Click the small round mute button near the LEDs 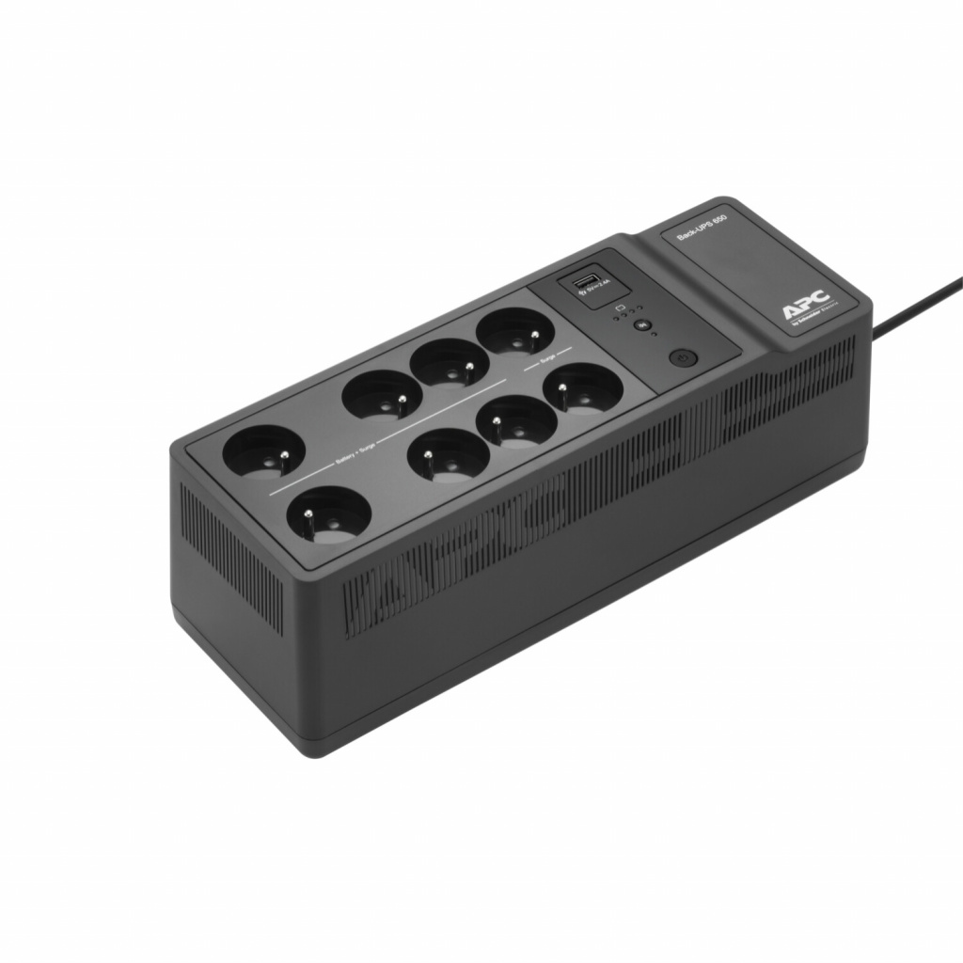(x=643, y=324)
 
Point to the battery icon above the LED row (x=620, y=307)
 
